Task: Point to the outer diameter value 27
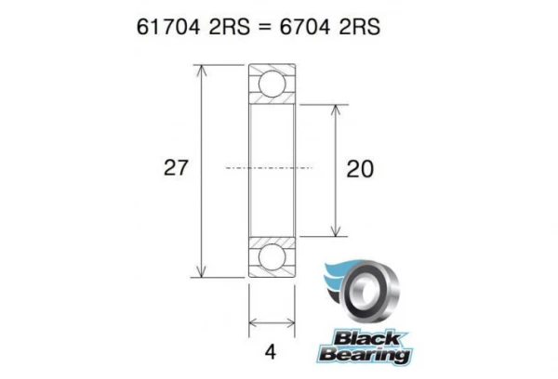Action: click(176, 168)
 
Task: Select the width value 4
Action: click(271, 352)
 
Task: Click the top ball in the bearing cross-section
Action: click(272, 83)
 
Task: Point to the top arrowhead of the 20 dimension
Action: click(334, 105)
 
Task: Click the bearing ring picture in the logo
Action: click(377, 291)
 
